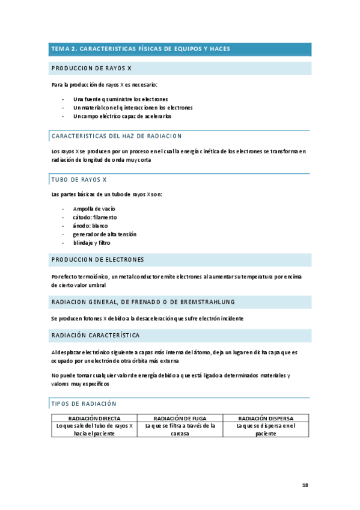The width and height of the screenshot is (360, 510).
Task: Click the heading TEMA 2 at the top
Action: click(x=141, y=49)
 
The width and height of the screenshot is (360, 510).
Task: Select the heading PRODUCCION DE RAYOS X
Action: click(x=91, y=69)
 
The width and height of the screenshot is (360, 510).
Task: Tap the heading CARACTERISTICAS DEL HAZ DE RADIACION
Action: click(x=117, y=136)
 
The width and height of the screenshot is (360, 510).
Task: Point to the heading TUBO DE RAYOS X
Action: click(x=79, y=179)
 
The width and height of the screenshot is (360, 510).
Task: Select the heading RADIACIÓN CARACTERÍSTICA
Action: click(x=96, y=335)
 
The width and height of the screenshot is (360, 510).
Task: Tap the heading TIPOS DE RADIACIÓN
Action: click(x=84, y=404)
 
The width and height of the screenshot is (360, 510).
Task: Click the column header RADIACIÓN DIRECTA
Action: click(x=94, y=418)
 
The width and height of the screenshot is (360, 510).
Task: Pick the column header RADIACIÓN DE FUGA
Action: click(x=180, y=418)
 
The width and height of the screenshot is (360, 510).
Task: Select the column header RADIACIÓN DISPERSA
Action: click(x=266, y=418)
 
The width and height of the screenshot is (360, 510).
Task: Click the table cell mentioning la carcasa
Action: click(x=180, y=429)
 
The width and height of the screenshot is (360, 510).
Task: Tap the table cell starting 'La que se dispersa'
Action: click(x=266, y=429)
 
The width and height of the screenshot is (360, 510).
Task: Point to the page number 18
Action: click(x=305, y=485)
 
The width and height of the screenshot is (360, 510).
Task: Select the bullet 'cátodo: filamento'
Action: click(x=95, y=217)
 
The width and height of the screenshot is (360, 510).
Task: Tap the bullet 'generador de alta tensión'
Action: click(x=105, y=234)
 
